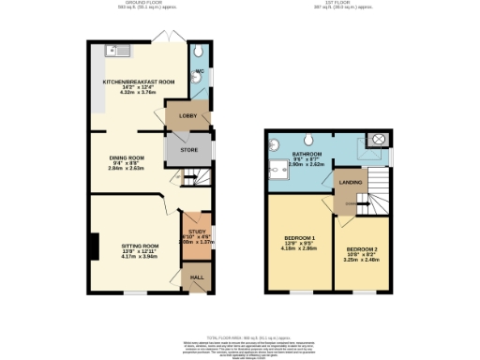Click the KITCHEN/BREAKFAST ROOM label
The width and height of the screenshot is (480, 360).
coord(139,82)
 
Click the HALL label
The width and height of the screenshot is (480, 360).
coord(197,277)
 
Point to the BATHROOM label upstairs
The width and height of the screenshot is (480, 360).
coord(307,153)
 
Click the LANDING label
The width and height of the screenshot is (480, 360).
coord(351,182)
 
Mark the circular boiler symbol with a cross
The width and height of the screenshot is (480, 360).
coord(379,140)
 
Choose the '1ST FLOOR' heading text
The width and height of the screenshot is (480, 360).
coord(344,4)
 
